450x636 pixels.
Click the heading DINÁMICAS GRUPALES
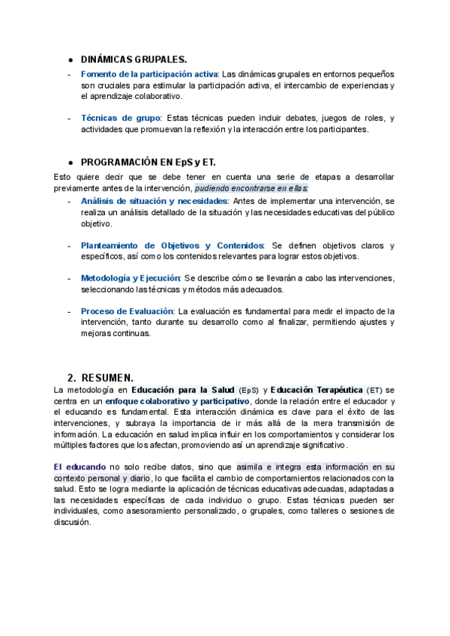[134, 59]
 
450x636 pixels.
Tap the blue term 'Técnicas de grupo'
[121, 118]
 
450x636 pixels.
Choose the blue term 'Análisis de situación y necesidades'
[154, 202]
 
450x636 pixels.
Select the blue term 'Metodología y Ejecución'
[130, 278]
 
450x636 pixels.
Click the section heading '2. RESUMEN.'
[100, 377]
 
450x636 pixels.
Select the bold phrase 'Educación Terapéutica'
[316, 390]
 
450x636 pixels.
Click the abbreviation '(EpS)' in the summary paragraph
[249, 391]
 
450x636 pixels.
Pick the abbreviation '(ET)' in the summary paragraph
[375, 391]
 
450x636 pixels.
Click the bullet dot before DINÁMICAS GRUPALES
[70, 60]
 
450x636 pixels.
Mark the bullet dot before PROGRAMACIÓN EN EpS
[70, 163]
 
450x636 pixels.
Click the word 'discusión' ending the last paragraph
[73, 523]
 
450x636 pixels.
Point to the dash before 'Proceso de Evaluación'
[70, 311]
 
